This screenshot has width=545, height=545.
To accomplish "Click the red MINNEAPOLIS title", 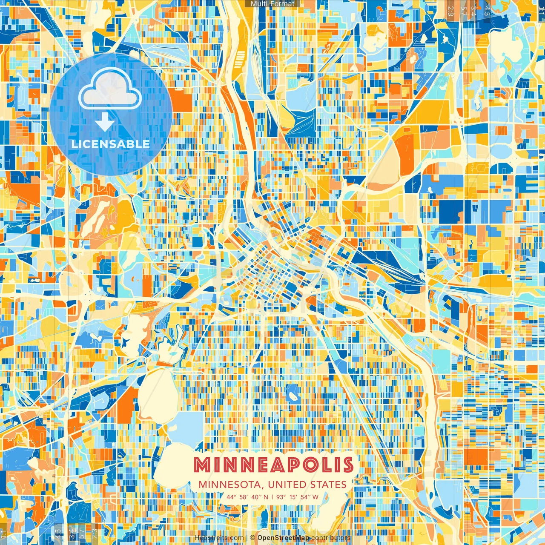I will [274, 465].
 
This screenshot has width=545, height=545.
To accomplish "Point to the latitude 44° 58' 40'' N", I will [247, 496].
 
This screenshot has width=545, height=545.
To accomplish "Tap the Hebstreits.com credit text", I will [219, 538].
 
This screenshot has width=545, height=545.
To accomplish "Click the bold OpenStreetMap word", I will [283, 538].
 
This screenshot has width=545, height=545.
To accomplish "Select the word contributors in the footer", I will [331, 538].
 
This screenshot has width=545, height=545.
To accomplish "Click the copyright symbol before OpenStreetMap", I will [252, 538].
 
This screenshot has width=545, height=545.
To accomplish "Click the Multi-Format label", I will [272, 4].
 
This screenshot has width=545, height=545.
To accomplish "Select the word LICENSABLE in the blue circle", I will [111, 144].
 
